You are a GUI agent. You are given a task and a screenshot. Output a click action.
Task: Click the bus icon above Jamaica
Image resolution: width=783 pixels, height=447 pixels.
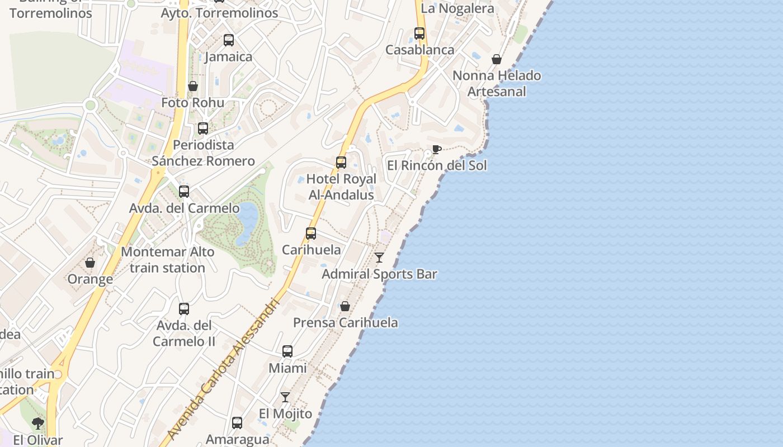tap(228, 40)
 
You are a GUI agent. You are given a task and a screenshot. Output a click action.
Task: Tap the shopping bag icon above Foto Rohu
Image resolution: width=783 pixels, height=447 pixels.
tap(193, 86)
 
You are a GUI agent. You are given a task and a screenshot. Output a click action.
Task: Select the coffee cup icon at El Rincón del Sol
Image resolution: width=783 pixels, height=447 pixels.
tap(436, 149)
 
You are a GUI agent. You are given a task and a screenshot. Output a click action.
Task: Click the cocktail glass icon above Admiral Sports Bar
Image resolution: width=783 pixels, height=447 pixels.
tap(379, 258)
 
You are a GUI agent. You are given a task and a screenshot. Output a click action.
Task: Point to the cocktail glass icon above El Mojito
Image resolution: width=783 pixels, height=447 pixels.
tap(285, 397)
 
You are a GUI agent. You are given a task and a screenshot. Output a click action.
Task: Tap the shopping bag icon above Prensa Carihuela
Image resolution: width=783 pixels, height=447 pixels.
tap(345, 306)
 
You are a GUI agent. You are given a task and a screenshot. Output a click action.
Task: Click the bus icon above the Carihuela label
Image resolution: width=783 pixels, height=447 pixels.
tap(311, 234)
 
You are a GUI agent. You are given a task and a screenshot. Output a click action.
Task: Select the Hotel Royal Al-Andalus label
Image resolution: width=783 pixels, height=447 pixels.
tap(341, 187)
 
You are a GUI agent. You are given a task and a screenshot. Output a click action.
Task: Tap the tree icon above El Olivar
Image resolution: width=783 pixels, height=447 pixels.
tap(38, 424)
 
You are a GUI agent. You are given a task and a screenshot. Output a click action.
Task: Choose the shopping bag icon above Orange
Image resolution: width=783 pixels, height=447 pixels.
tap(90, 263)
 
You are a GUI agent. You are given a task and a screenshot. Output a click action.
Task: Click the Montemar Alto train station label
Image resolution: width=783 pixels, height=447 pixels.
tap(167, 260)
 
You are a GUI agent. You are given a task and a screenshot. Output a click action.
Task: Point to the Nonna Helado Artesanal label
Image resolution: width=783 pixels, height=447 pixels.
tap(497, 83)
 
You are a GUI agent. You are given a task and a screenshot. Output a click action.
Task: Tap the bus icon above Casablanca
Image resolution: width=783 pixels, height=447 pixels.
tap(419, 34)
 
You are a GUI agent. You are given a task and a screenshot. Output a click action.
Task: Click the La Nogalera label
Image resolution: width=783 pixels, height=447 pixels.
tap(457, 8)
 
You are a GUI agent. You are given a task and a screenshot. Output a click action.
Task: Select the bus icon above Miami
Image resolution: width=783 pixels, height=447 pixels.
tap(287, 351)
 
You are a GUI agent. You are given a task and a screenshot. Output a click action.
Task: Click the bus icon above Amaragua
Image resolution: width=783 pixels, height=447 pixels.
tap(237, 423)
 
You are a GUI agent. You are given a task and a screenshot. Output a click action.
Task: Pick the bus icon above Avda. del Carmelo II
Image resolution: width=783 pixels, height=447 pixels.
tap(183, 309)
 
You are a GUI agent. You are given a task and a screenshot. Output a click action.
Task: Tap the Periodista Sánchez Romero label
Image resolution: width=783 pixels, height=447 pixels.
tap(203, 153)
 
